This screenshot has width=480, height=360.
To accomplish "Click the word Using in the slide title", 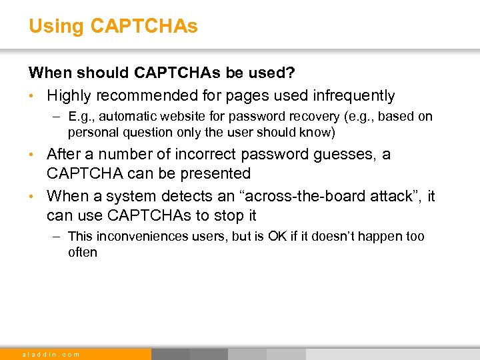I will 56,27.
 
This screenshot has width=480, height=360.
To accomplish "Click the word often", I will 83,253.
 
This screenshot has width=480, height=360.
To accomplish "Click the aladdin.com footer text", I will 51,354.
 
